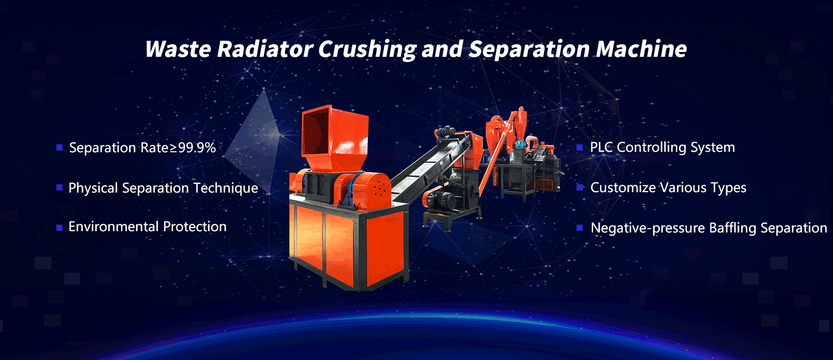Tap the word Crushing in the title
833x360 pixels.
(x=367, y=49)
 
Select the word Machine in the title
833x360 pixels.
(x=641, y=49)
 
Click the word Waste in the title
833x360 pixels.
(x=178, y=49)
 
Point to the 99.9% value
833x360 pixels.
(x=197, y=147)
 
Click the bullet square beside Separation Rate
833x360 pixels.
(x=59, y=148)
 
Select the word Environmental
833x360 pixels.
(x=114, y=226)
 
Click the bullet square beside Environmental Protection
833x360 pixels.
(x=59, y=228)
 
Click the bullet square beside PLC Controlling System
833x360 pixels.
(x=580, y=148)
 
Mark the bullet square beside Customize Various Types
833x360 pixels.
(x=580, y=188)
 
